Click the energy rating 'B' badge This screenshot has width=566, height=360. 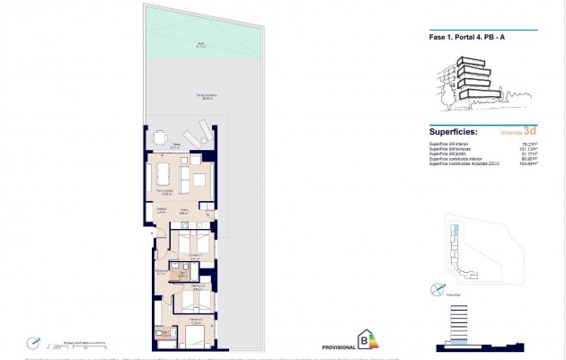[364, 339]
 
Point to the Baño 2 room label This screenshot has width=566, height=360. [181, 274]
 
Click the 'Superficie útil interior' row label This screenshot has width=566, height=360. [449, 143]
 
